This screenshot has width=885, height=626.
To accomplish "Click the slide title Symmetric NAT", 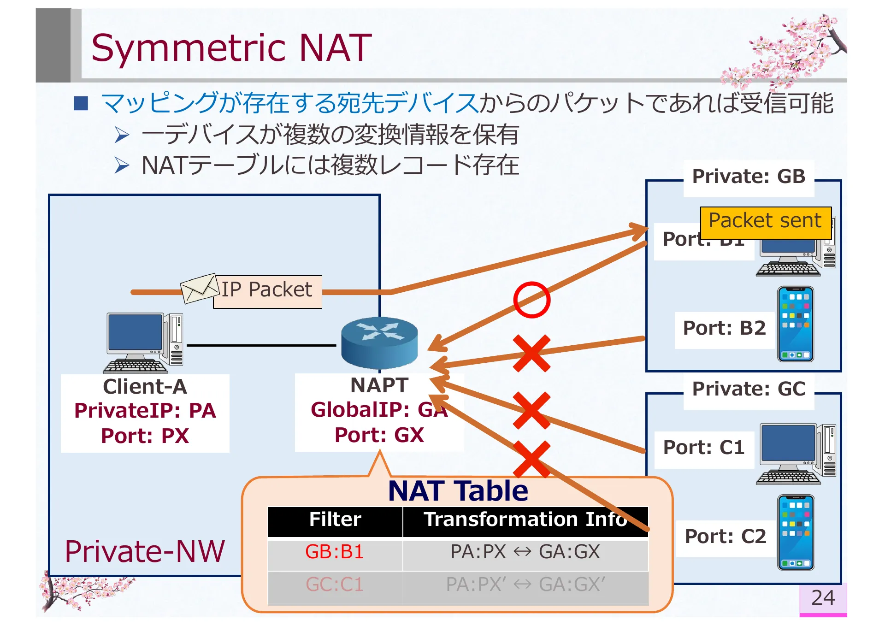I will [x=231, y=47].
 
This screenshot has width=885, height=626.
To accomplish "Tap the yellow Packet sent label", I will [x=765, y=221].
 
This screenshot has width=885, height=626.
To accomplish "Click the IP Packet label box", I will [x=267, y=290].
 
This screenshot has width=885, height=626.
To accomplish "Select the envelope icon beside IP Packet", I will [x=199, y=289].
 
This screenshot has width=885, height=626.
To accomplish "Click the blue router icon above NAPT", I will [x=379, y=343].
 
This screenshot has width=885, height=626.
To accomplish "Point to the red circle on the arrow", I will [x=531, y=300].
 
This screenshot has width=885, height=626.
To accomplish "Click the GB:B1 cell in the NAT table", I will [x=335, y=552].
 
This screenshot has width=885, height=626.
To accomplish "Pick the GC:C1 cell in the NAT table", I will [x=335, y=585].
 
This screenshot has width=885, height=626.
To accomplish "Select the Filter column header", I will [x=335, y=520].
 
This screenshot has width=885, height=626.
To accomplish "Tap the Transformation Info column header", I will [x=525, y=520].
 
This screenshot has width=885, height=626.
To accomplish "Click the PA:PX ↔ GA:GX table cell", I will [x=525, y=552].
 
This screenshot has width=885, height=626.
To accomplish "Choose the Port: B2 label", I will [x=724, y=329].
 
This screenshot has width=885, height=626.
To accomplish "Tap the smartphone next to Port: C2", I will [x=795, y=533].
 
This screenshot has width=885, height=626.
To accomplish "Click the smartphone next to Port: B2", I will [x=795, y=324].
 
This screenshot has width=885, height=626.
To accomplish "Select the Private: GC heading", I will [x=748, y=390].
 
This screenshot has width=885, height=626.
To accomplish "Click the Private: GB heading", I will [x=748, y=177].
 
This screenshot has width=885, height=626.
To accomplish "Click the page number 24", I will [x=823, y=598].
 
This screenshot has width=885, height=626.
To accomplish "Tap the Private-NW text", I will [x=144, y=552].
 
